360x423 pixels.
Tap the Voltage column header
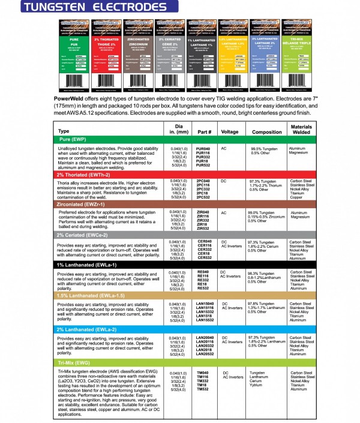tap(230, 131)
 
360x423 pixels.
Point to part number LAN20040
tap(205, 338)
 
